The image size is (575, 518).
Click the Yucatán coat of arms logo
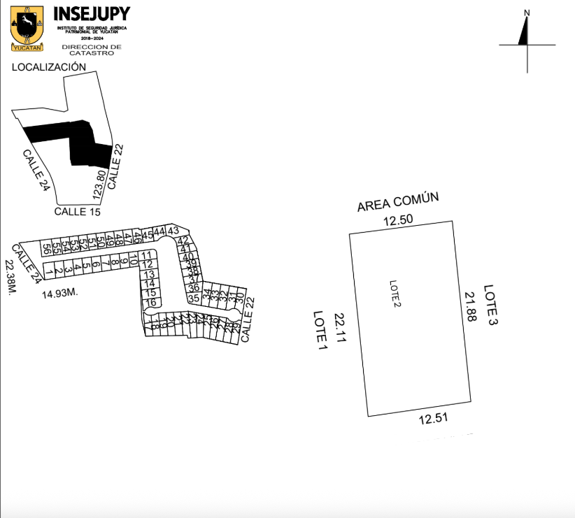click(27, 29)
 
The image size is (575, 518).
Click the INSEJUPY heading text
click(91, 14)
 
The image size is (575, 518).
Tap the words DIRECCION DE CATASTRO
click(91, 50)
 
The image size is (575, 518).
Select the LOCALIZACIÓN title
click(49, 67)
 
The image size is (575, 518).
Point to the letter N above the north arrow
click(527, 13)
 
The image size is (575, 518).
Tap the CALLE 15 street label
click(78, 210)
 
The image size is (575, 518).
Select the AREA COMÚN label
click(397, 202)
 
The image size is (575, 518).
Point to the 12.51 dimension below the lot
click(432, 419)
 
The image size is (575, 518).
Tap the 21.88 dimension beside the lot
click(469, 307)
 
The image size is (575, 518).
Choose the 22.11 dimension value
click(340, 329)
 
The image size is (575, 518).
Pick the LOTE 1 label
click(321, 330)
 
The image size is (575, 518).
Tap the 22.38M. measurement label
click(10, 277)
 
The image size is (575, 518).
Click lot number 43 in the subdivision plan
click(173, 231)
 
